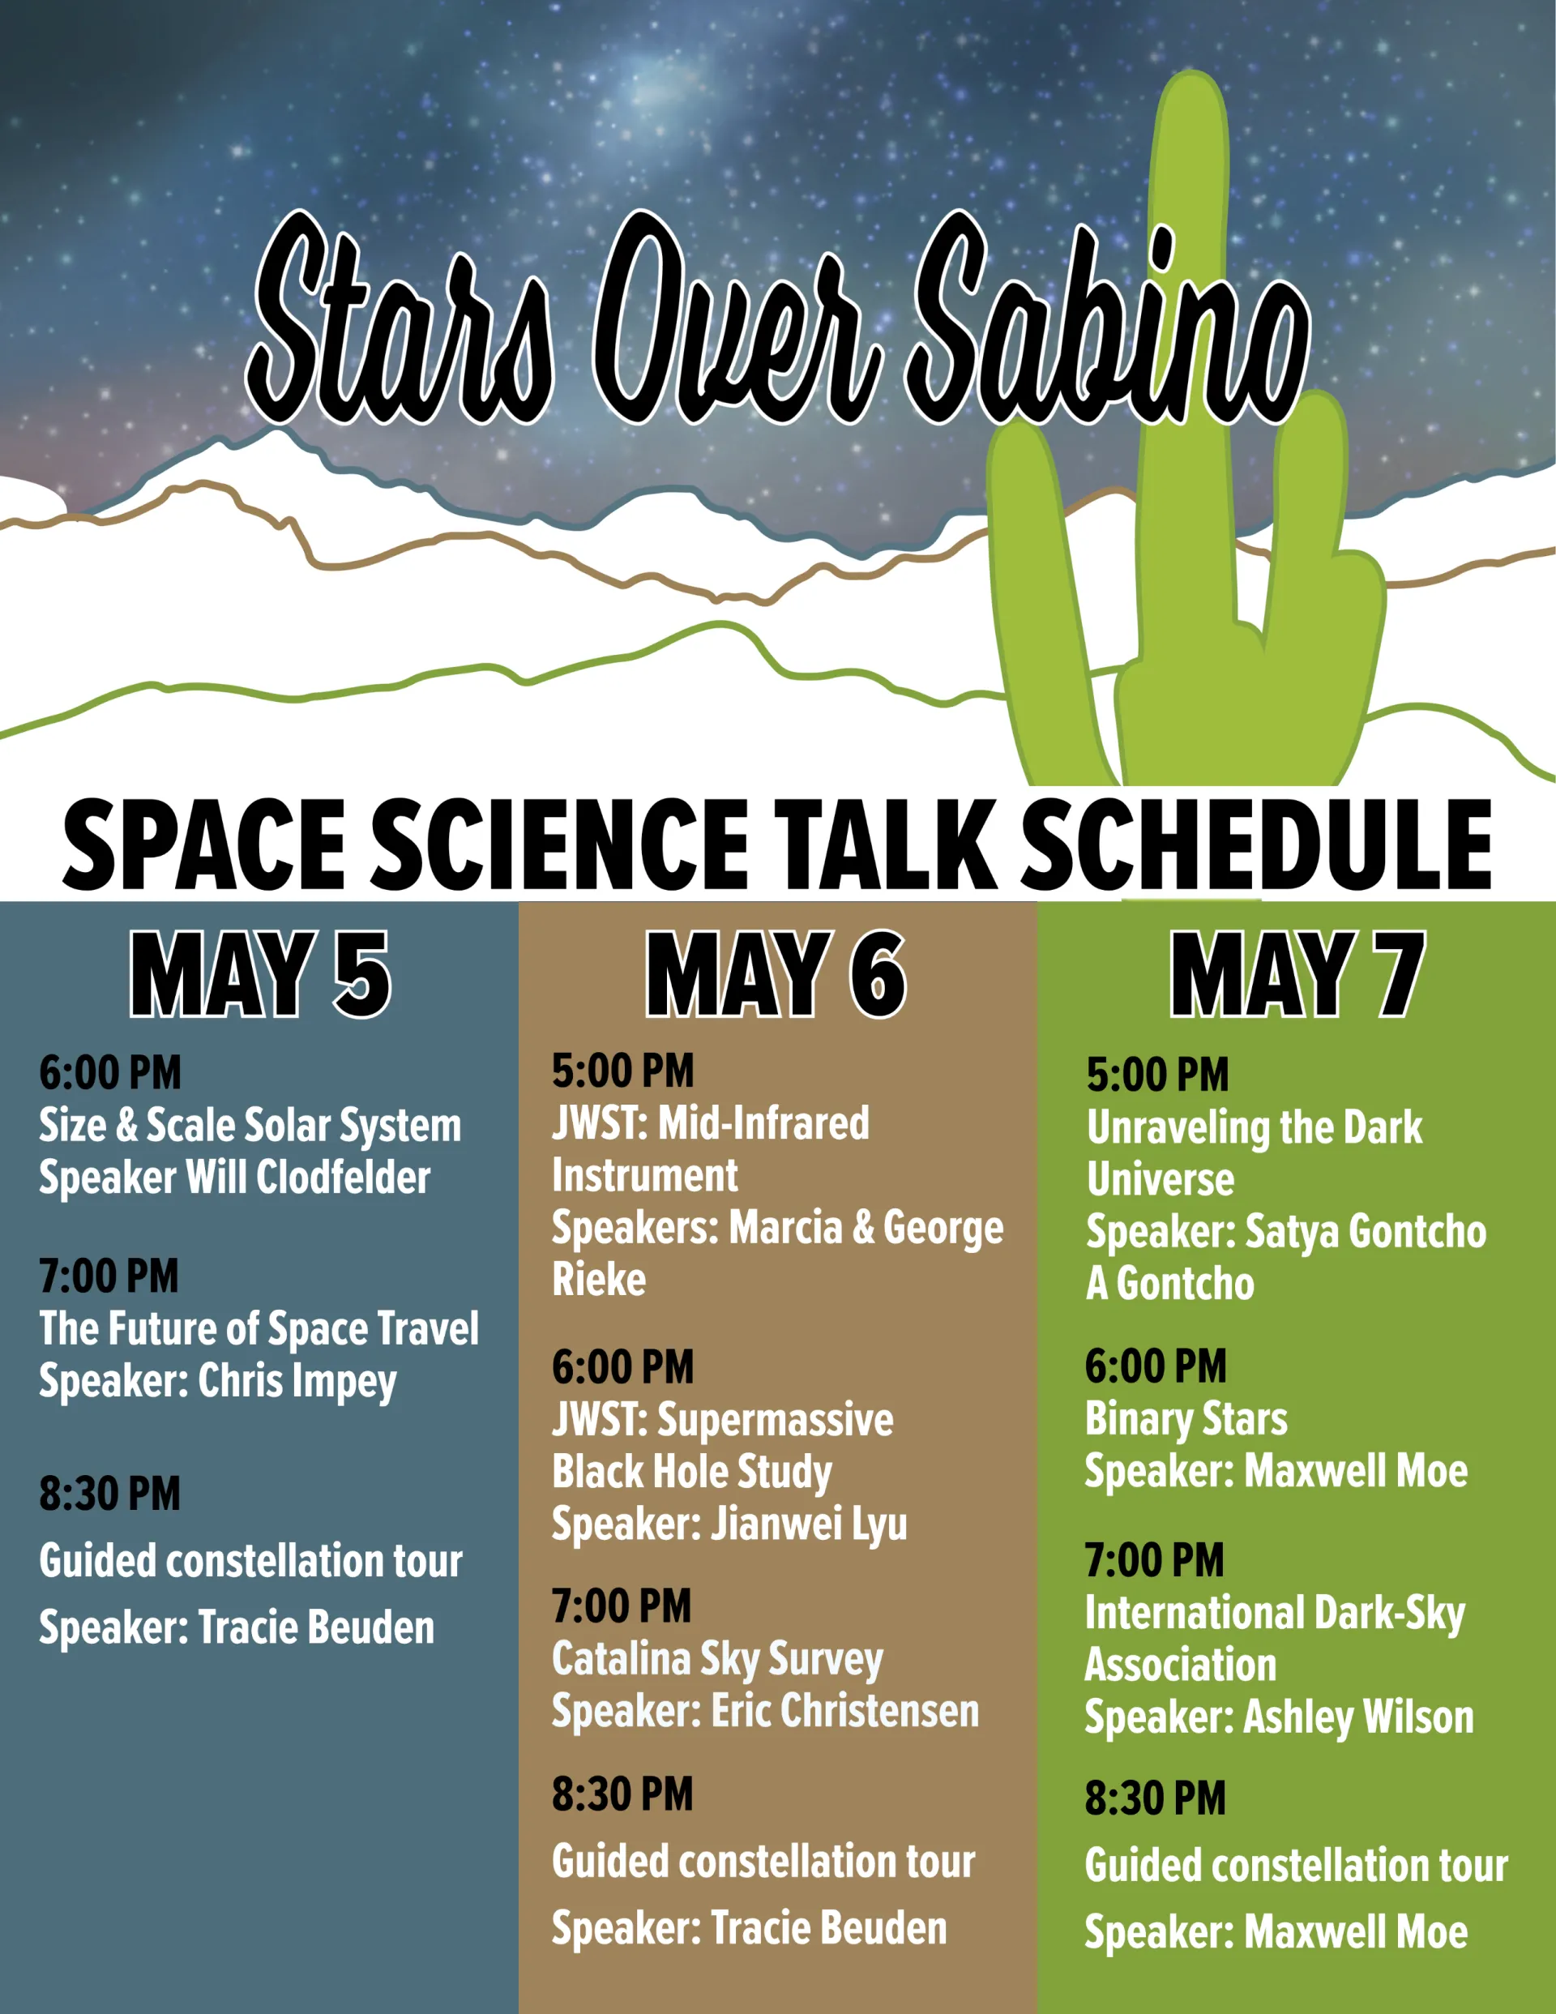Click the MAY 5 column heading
click(x=260, y=974)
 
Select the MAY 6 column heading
click(x=776, y=974)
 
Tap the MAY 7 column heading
click(x=1297, y=974)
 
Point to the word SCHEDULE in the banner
click(x=1256, y=845)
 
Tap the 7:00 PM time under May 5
click(x=109, y=1276)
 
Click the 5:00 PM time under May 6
click(x=622, y=1071)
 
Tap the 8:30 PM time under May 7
click(x=1156, y=1799)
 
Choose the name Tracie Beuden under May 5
click(x=316, y=1628)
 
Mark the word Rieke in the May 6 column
click(x=599, y=1280)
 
